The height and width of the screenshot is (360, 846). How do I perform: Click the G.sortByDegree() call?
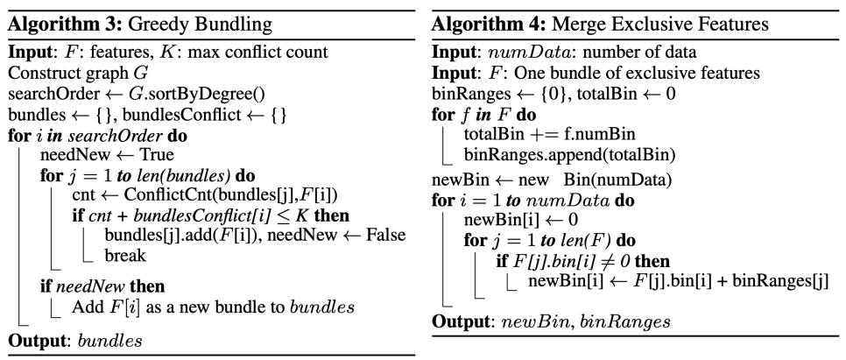point(157,92)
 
